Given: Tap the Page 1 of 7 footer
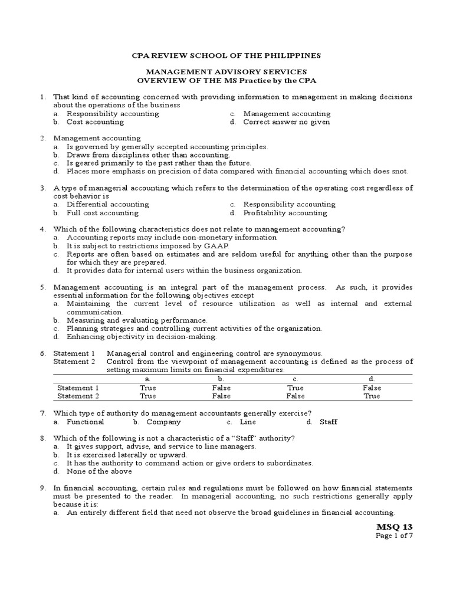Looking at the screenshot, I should (395, 536).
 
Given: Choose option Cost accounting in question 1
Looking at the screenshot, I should (95, 122).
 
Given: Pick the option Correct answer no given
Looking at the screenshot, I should (287, 122).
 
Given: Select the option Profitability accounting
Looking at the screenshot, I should (285, 213).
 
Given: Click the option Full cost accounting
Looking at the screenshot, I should (102, 213).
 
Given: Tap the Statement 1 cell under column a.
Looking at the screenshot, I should (147, 388).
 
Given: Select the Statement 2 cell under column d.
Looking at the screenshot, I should (372, 396).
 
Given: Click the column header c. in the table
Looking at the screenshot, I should (295, 379).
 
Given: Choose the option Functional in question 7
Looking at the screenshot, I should (85, 422).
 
